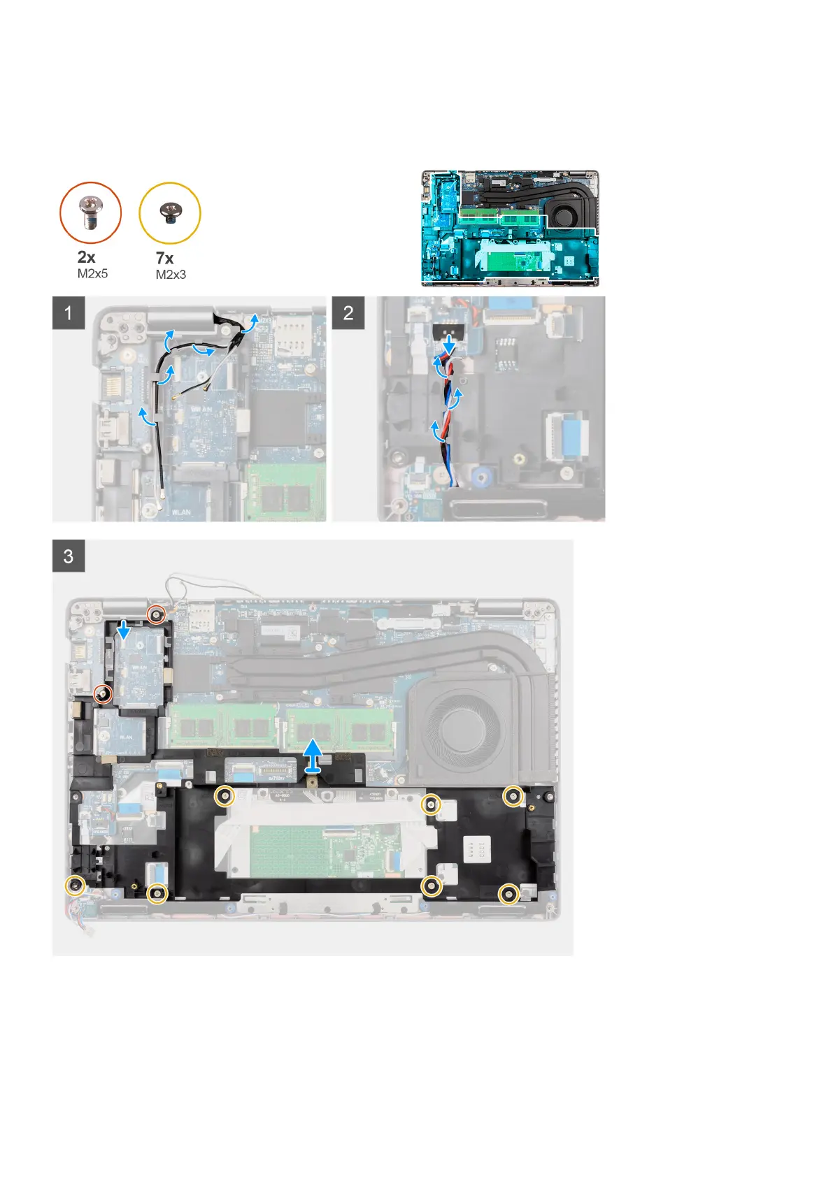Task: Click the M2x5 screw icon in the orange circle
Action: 90,212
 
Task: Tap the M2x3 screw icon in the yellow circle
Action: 169,212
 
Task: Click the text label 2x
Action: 87,257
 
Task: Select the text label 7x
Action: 165,258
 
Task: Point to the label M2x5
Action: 92,273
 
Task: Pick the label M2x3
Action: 171,275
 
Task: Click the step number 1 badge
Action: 69,312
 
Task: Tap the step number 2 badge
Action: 348,312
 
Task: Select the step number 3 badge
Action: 69,556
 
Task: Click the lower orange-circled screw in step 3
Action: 103,693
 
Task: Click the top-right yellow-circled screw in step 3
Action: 513,795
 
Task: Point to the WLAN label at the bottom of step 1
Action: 180,512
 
